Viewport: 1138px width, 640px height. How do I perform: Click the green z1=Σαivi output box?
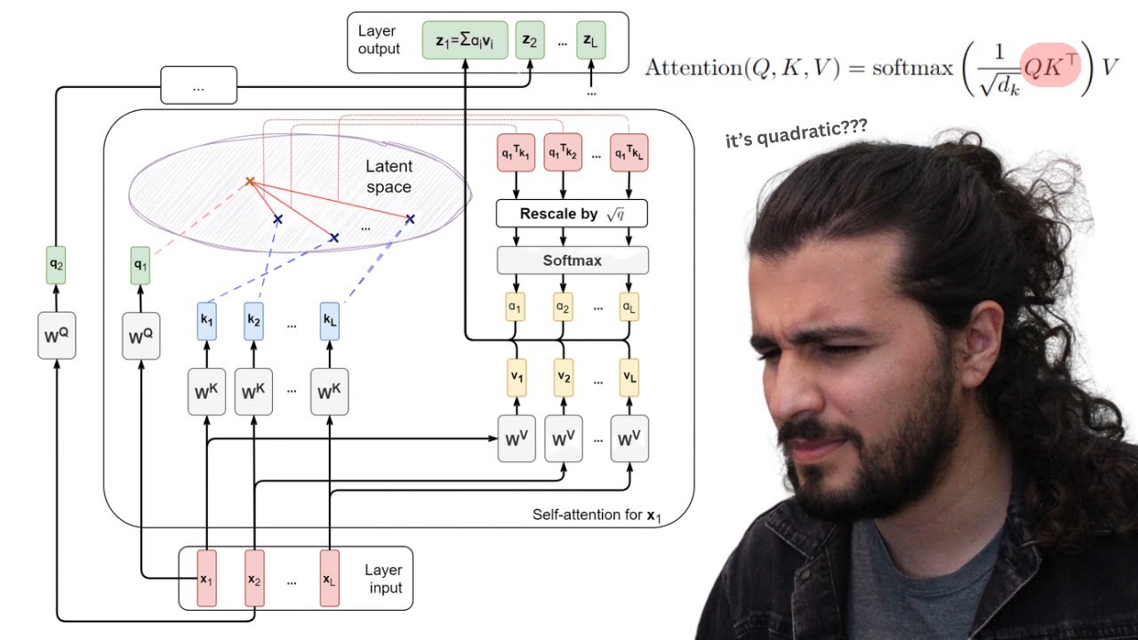click(466, 41)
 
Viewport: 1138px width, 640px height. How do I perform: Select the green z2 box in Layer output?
click(530, 41)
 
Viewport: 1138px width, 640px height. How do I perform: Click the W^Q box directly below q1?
click(140, 336)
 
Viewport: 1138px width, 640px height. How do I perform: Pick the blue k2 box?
click(255, 320)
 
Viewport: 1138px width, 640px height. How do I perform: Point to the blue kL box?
click(331, 320)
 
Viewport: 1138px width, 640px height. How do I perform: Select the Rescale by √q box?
click(572, 214)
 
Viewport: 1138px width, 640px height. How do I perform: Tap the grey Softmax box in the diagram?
click(573, 260)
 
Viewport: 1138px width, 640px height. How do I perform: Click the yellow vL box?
click(629, 376)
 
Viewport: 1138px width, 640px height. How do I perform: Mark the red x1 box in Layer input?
click(206, 579)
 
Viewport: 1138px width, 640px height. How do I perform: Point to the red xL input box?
click(330, 579)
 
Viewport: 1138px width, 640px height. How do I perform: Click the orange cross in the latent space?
click(250, 182)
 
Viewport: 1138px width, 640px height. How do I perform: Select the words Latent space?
click(389, 177)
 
